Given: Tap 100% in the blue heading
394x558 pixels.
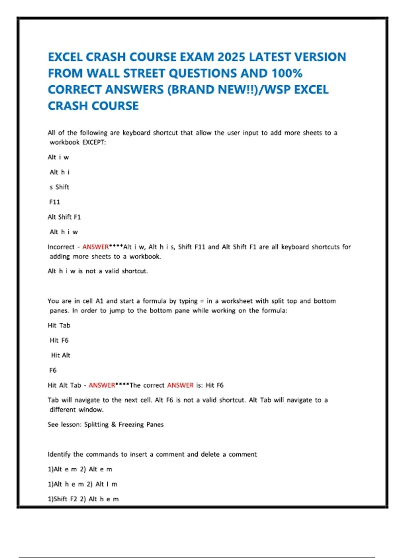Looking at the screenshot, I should click(x=285, y=73).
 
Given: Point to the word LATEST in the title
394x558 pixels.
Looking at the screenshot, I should click(x=269, y=57).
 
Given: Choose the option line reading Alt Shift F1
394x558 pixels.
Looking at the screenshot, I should click(x=64, y=217).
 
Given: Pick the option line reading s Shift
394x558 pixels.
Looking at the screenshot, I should click(x=59, y=187).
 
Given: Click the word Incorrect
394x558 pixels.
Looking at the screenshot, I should click(x=61, y=247).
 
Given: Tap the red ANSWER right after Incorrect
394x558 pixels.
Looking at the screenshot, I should click(x=96, y=247).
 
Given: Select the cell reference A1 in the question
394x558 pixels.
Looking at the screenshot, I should click(x=99, y=301).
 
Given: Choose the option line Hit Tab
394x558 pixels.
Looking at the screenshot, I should click(x=59, y=325).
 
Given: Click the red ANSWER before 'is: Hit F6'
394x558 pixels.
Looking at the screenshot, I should click(x=180, y=385).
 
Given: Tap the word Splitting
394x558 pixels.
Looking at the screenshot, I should click(x=96, y=424).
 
